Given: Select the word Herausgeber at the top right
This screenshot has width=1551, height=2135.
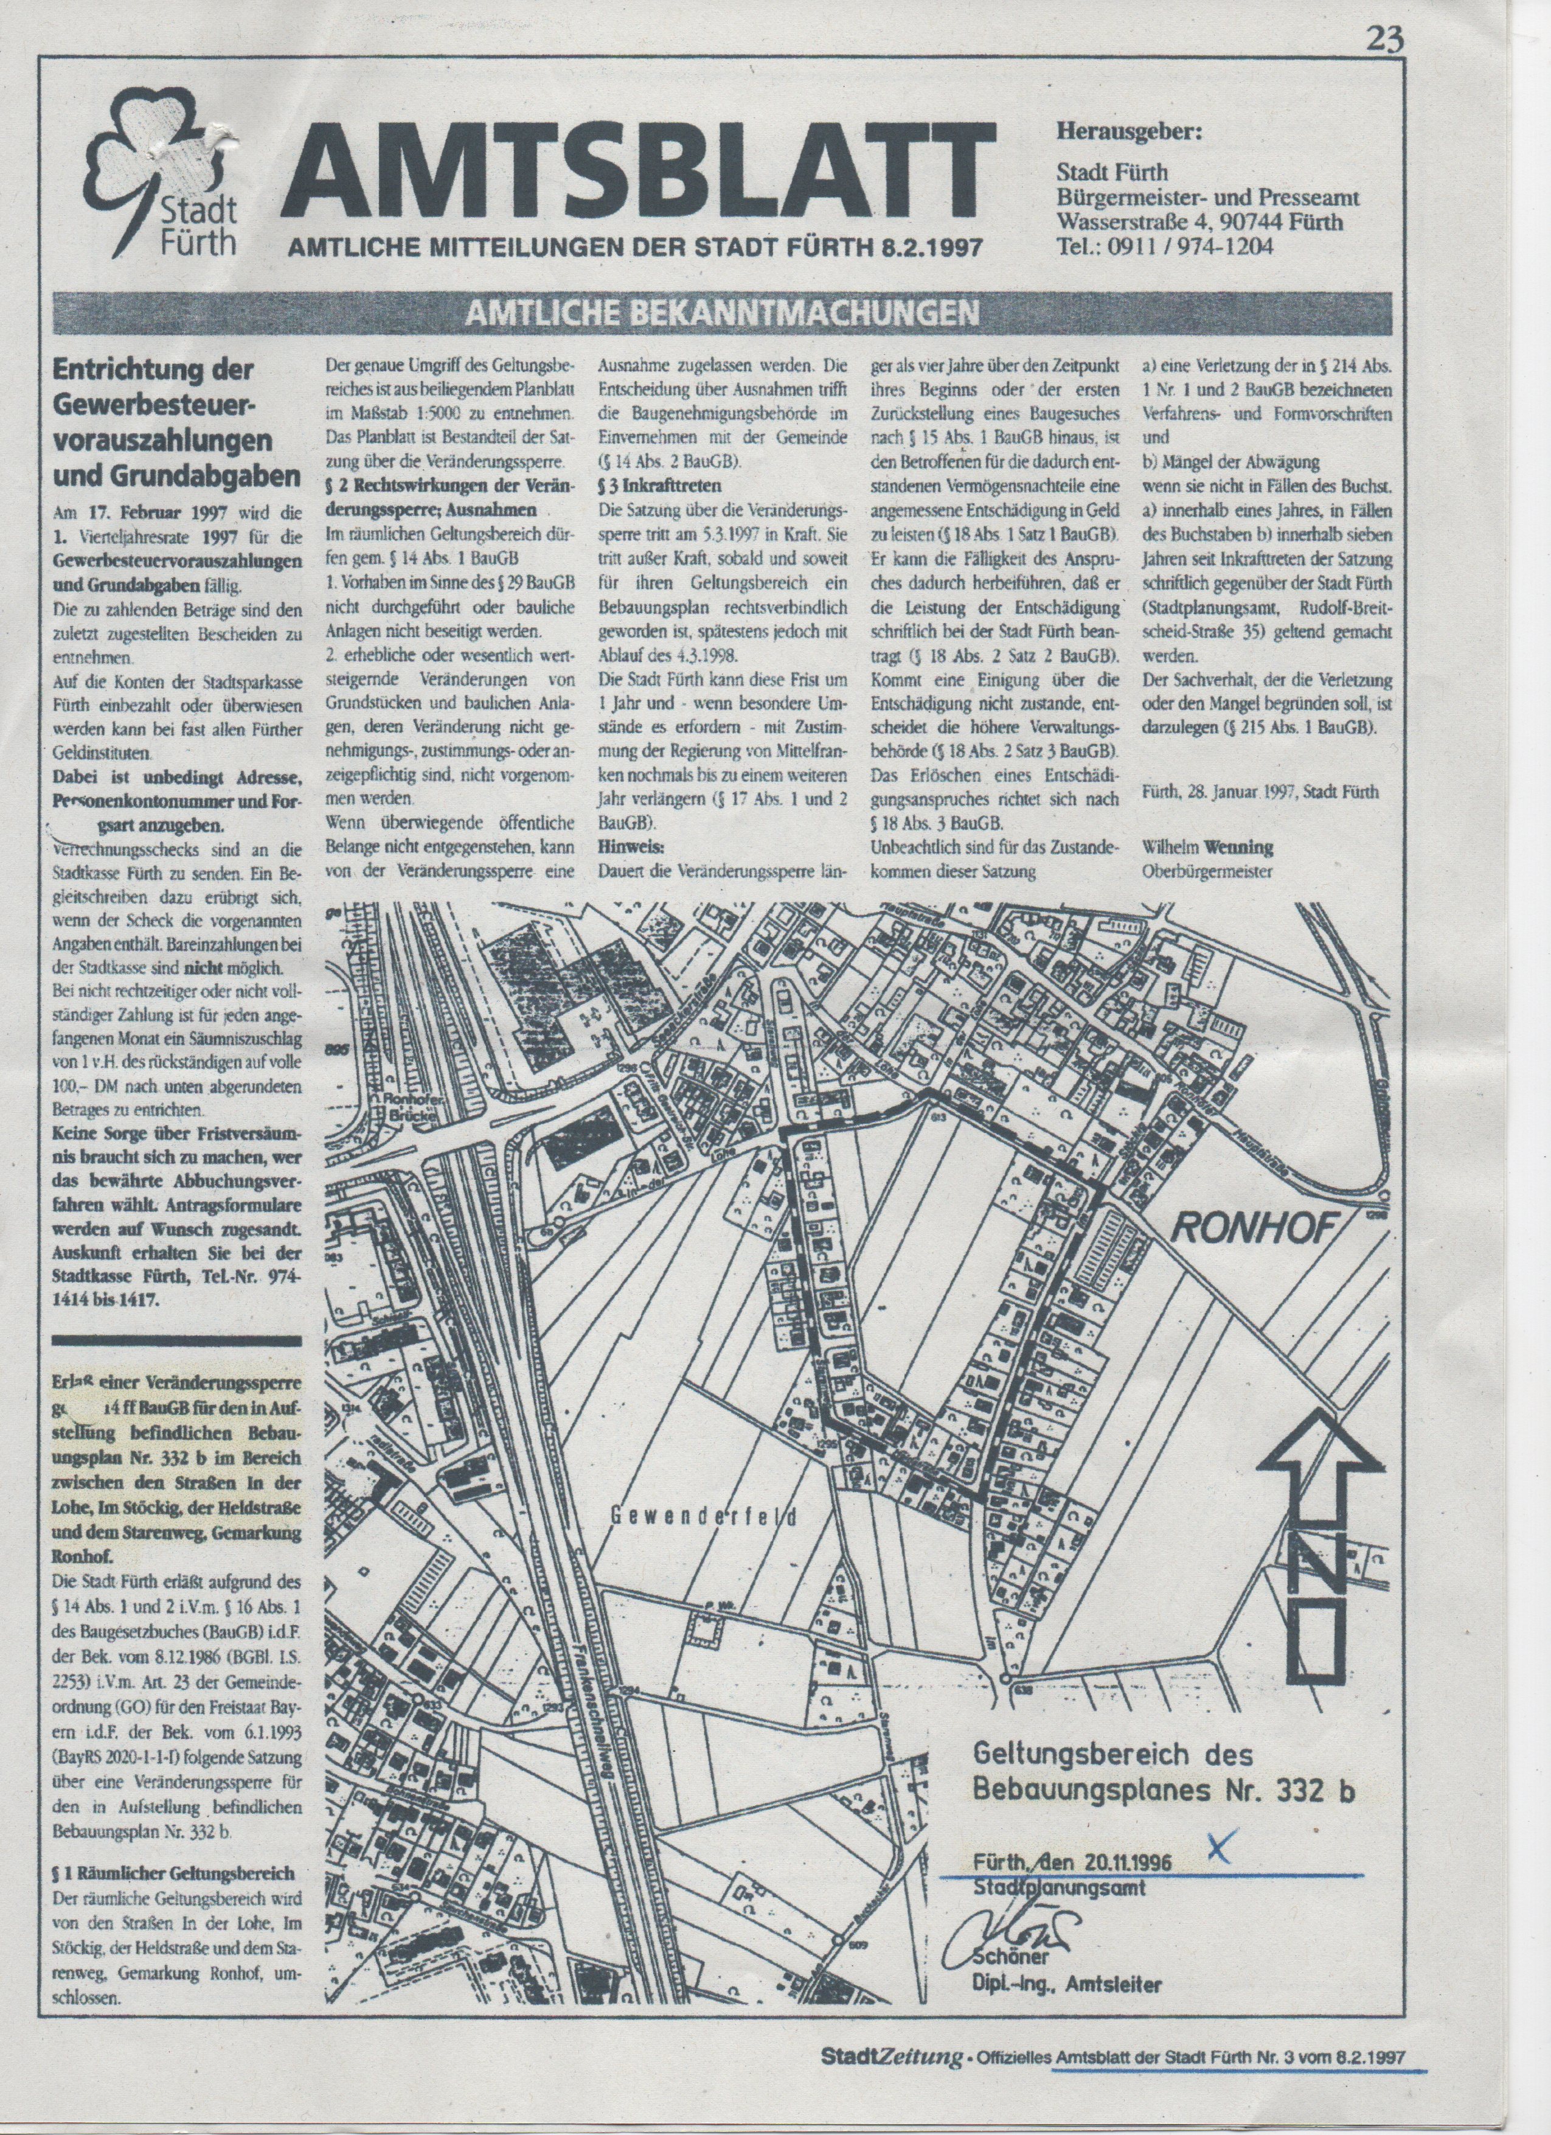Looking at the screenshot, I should pyautogui.click(x=1130, y=131).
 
